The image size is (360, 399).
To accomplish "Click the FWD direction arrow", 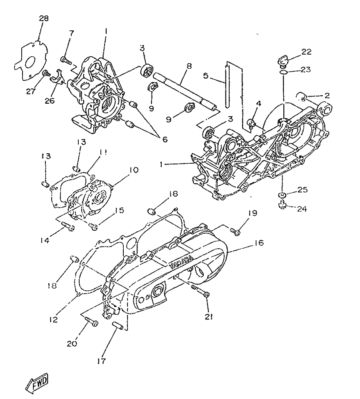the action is coord(37,382).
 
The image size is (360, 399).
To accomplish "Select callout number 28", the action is coord(44,18).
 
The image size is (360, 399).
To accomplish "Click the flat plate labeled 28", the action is coord(30,60).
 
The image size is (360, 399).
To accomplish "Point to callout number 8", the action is coord(189,66).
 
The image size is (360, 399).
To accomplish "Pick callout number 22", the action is coord(307,52).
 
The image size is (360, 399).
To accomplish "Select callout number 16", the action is coord(259,243).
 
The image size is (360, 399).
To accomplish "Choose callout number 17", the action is coord(101,361).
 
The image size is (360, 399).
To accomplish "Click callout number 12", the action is coord(53,319).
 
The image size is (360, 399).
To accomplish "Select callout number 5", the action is coord(206,75).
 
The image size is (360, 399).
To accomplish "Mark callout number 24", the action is coord(302,209).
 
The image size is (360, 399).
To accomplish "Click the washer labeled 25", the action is coord(282,195).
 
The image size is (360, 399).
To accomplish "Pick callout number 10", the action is coord(133,170).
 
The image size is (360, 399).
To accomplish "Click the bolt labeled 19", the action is coord(235,232).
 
